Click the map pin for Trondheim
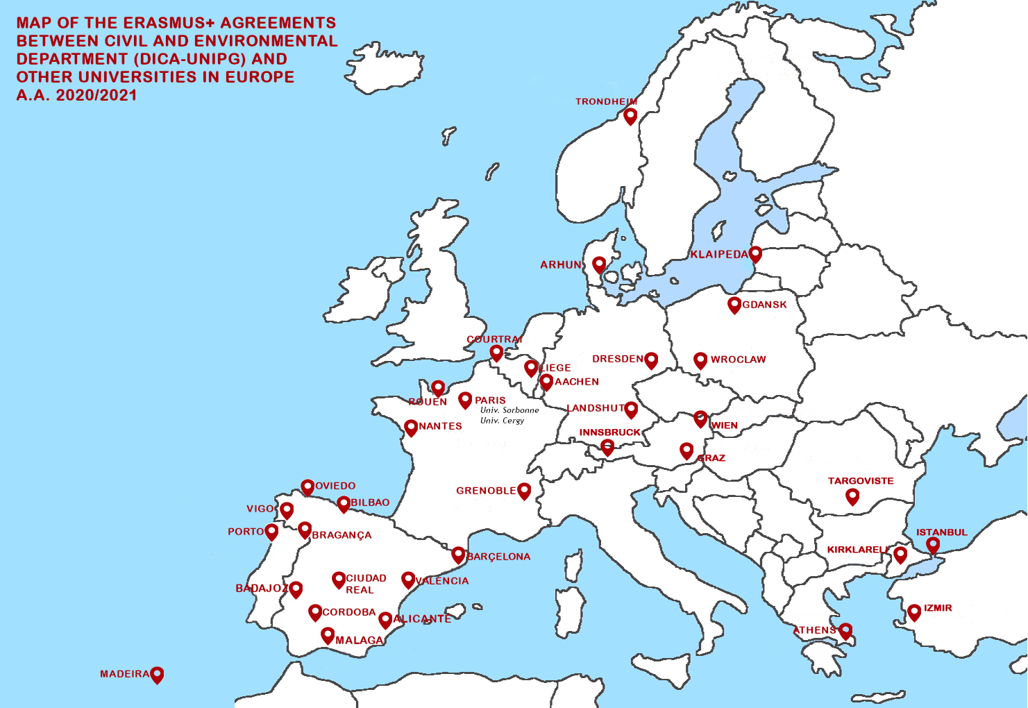[x=630, y=116]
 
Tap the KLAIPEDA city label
[x=719, y=255]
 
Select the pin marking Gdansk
[x=734, y=305]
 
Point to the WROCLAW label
[x=738, y=360]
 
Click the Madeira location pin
[x=158, y=674]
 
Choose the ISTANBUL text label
[x=941, y=532]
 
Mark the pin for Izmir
[x=914, y=612]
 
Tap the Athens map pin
[x=845, y=631]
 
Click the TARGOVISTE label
[x=861, y=481]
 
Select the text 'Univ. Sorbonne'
[x=509, y=410]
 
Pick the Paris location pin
[x=465, y=400]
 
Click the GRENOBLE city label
[x=486, y=491]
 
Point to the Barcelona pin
[x=458, y=555]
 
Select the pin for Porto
[x=272, y=532]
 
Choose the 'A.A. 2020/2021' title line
[x=76, y=95]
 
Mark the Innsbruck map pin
[x=607, y=447]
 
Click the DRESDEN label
[x=617, y=359]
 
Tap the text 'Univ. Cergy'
[x=502, y=421]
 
